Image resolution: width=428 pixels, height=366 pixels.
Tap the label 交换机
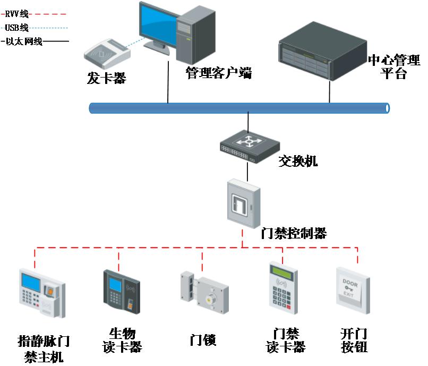[x=298, y=160]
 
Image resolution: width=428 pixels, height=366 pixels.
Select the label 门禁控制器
[x=294, y=233]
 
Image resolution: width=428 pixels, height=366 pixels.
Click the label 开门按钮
[x=354, y=341]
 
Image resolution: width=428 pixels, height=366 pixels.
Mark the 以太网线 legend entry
[x=23, y=41]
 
